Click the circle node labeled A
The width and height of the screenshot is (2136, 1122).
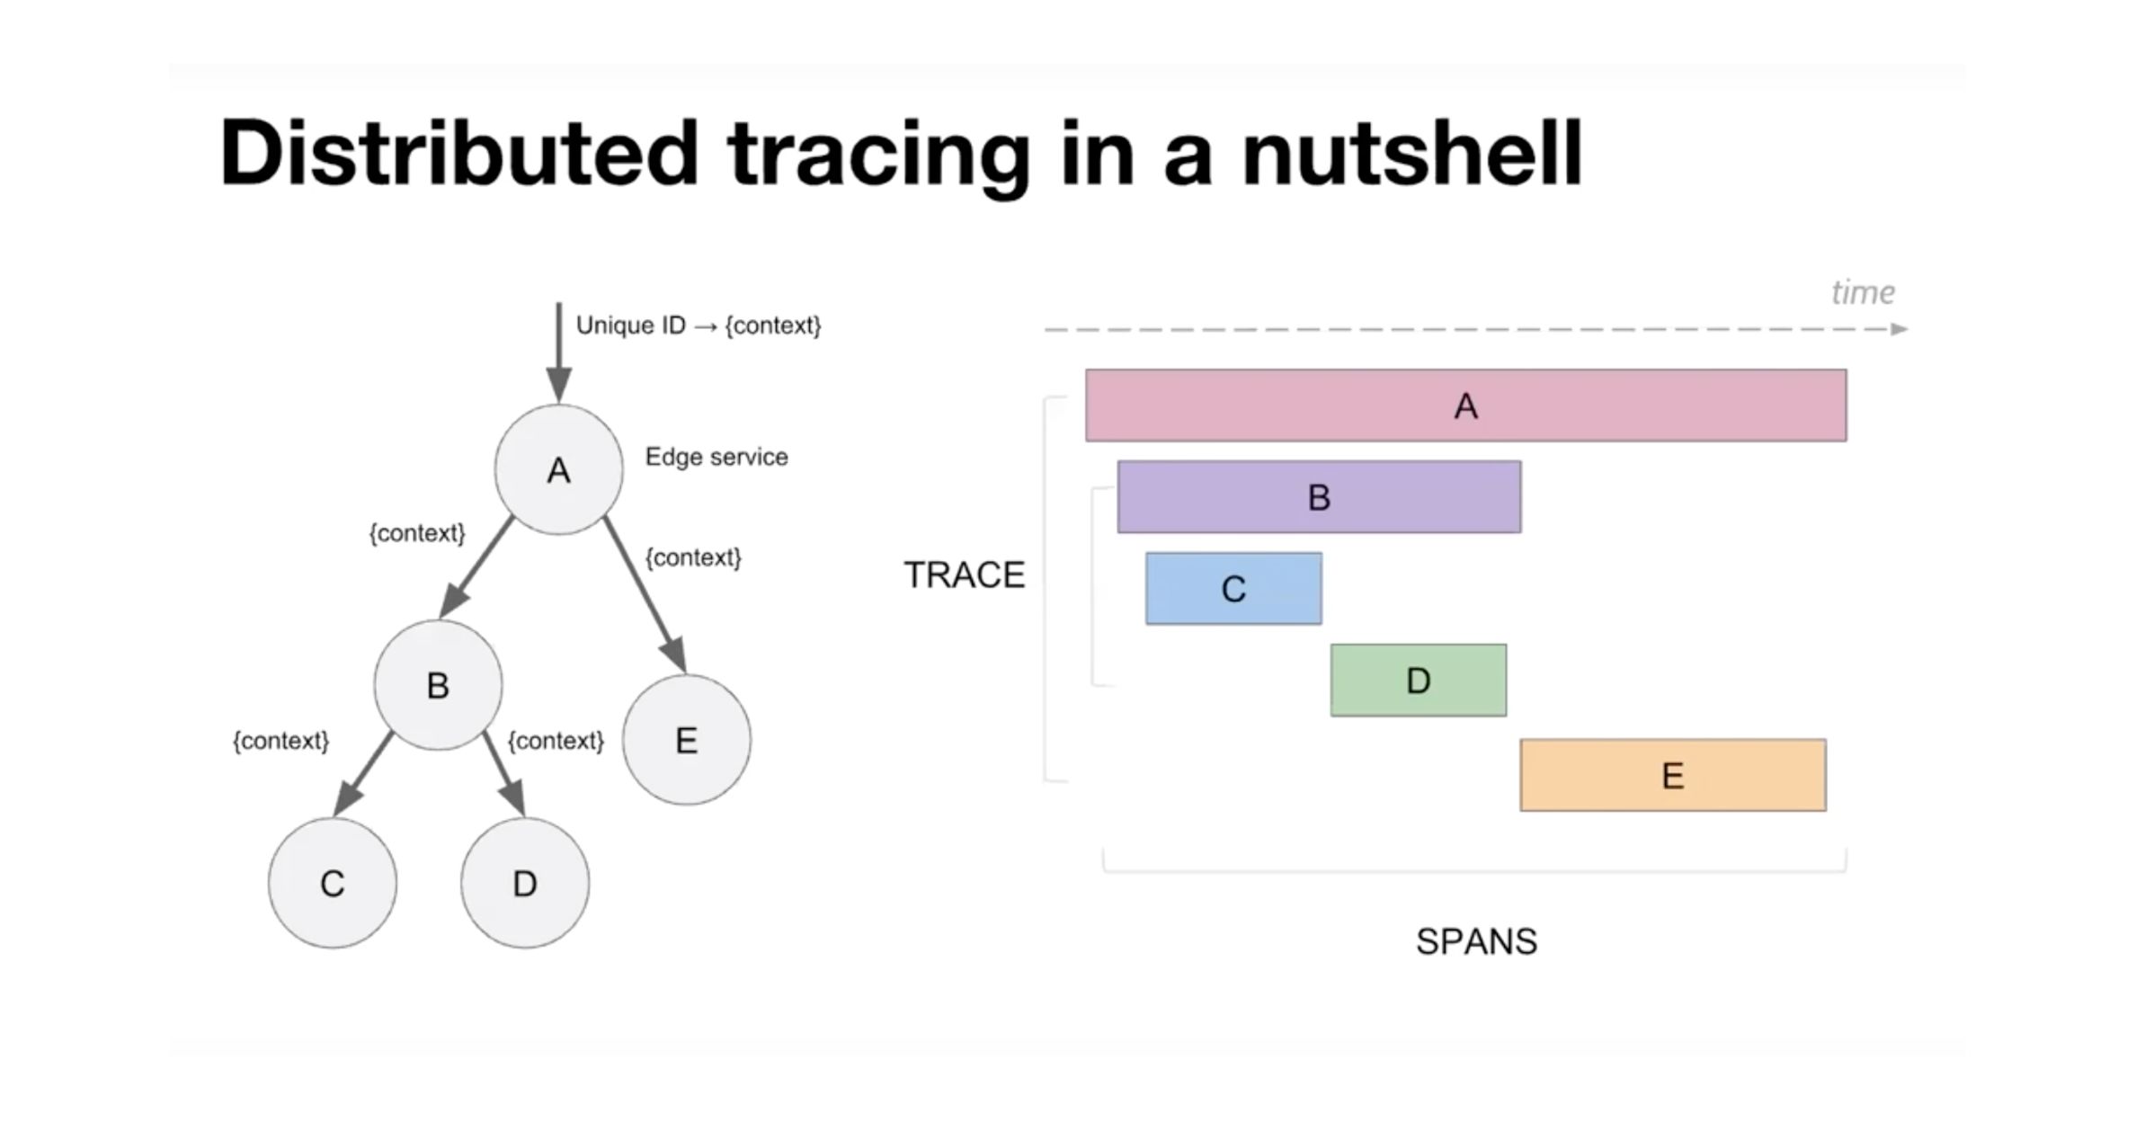[558, 469]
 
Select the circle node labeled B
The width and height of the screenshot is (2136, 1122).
[438, 685]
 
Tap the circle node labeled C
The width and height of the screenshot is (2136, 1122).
[332, 883]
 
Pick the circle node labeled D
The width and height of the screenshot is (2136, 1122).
[525, 883]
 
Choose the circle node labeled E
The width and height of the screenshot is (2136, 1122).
[686, 740]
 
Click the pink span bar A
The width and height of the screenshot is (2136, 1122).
[1465, 405]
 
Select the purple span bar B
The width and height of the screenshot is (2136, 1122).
[1319, 497]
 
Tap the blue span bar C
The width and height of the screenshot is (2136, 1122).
[1233, 589]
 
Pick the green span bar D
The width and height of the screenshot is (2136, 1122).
[1418, 681]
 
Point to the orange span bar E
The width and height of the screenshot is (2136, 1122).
[1672, 775]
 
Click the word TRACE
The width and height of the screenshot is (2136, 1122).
[964, 575]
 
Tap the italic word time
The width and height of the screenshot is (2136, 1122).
[1863, 292]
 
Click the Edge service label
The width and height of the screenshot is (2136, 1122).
[716, 457]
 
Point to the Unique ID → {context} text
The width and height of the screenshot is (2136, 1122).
[699, 325]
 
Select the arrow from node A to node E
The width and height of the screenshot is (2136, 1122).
[645, 594]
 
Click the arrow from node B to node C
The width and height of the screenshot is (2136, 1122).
[364, 773]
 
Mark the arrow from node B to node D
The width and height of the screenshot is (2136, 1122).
[503, 773]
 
